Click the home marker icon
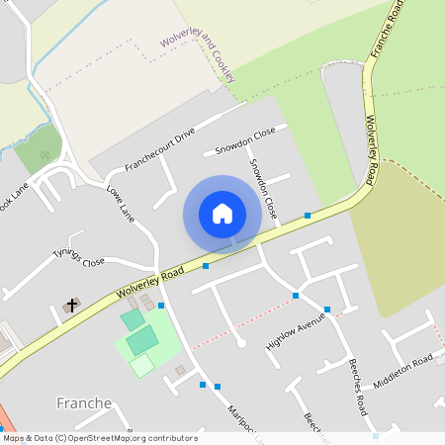click(222, 213)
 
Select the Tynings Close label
click(78, 257)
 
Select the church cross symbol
click(71, 306)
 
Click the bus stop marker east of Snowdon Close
click(308, 215)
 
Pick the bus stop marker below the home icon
click(206, 266)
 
